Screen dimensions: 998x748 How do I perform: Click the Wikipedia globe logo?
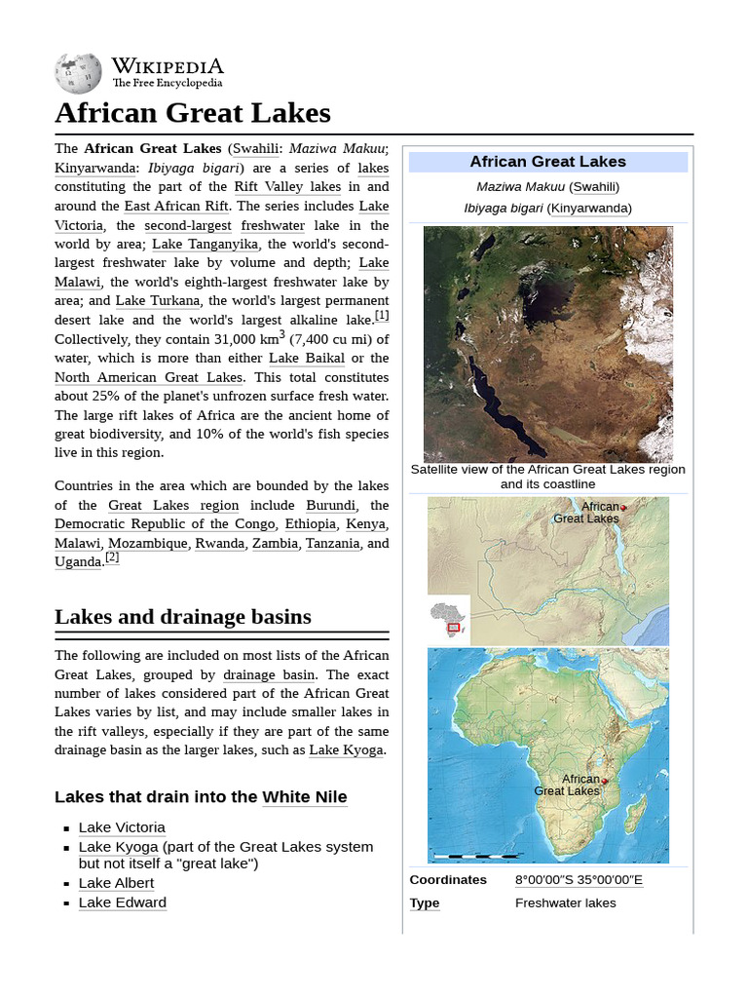[x=78, y=73]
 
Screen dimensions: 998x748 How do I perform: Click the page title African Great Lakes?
[x=193, y=113]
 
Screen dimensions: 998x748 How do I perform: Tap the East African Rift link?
[x=176, y=206]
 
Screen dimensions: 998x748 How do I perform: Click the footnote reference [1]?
[x=382, y=316]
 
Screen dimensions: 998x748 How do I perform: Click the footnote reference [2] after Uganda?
[x=112, y=557]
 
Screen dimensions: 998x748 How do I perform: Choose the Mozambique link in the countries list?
[x=148, y=543]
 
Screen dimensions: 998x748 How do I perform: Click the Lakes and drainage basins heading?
[x=183, y=617]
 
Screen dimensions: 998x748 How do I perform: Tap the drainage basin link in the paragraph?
[x=269, y=674]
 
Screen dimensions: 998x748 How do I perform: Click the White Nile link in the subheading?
[x=304, y=797]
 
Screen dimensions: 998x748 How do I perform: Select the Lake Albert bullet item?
[x=116, y=883]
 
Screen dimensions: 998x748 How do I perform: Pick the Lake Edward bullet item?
[x=122, y=902]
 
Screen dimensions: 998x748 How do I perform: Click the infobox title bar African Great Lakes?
[x=547, y=162]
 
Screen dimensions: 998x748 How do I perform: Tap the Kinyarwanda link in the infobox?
[x=588, y=208]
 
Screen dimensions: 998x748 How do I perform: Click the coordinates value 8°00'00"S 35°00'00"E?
[x=579, y=880]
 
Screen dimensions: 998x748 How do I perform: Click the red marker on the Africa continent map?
[x=604, y=782]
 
